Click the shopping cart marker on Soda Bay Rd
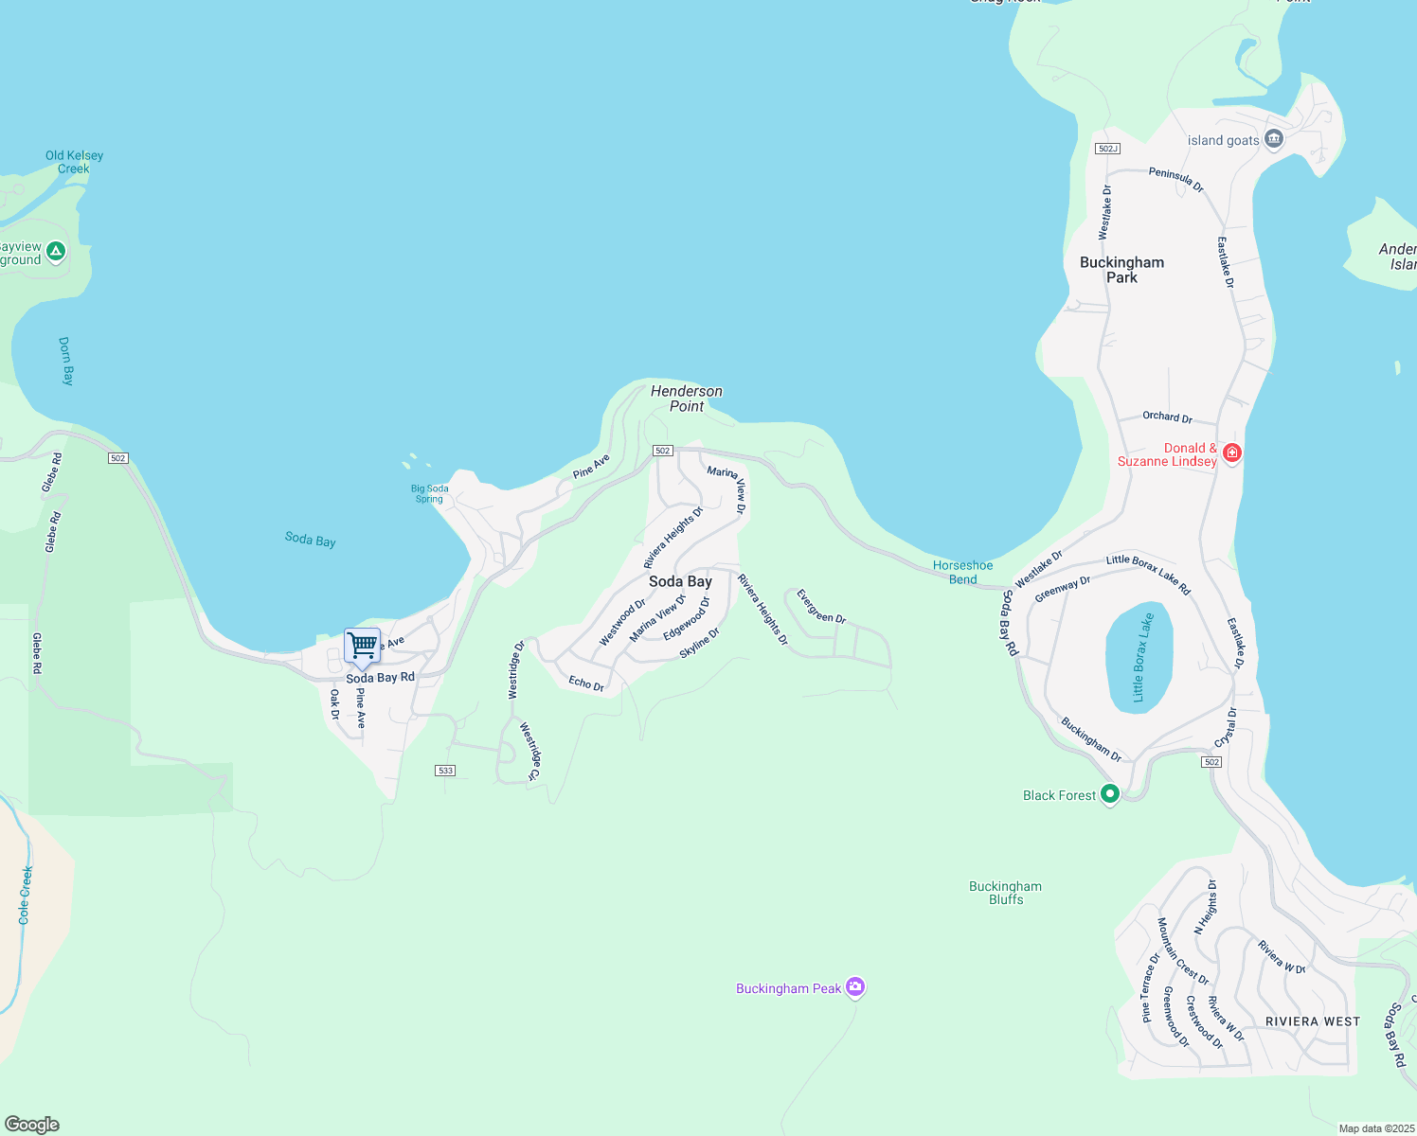(x=362, y=647)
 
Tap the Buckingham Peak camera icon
(x=855, y=987)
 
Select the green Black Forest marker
(x=1110, y=794)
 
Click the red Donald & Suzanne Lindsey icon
(x=1231, y=453)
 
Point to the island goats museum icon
(x=1274, y=139)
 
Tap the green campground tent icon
(x=56, y=251)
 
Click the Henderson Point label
(x=687, y=399)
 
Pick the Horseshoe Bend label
(x=962, y=572)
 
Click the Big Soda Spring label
(x=430, y=493)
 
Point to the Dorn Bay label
(x=65, y=361)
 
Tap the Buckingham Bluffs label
(x=1005, y=893)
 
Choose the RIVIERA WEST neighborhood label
(x=1312, y=1021)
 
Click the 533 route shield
(x=445, y=771)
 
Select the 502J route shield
(x=1107, y=149)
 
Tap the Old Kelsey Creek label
(x=74, y=162)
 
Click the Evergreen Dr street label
(x=820, y=607)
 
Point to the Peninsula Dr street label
(x=1175, y=179)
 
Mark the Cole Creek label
(x=25, y=895)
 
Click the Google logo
(x=32, y=1125)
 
